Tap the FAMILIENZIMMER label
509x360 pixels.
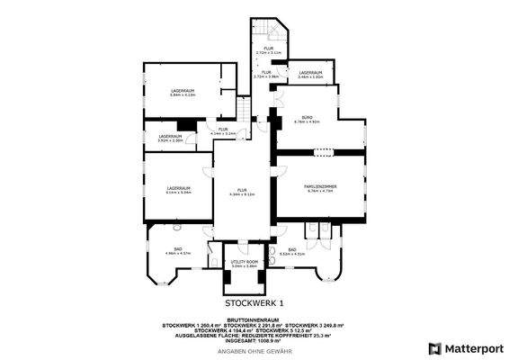tap(320, 186)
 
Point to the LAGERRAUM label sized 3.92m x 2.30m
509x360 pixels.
tap(171, 137)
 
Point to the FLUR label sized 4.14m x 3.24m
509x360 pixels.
tap(222, 130)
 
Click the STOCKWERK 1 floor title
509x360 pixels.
tap(254, 303)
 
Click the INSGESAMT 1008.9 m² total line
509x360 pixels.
tap(253, 340)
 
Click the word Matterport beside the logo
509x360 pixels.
tap(471, 347)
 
